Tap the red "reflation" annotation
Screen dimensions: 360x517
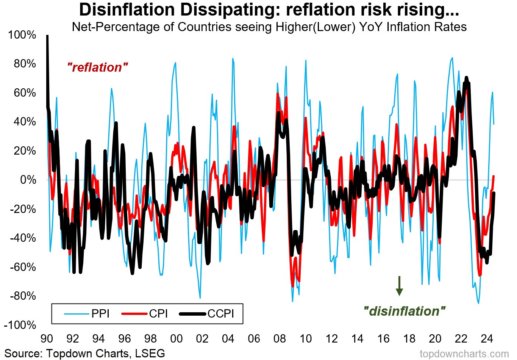pos(97,67)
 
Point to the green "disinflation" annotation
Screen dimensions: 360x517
pos(404,311)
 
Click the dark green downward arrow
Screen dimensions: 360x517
pos(399,286)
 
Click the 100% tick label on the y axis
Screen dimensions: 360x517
pos(22,35)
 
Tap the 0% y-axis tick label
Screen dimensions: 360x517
pos(28,180)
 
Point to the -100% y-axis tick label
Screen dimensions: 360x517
pos(20,325)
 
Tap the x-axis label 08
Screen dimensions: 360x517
pos(280,338)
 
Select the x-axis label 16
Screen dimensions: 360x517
pos(383,338)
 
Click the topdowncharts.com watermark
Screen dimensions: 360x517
pos(464,354)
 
